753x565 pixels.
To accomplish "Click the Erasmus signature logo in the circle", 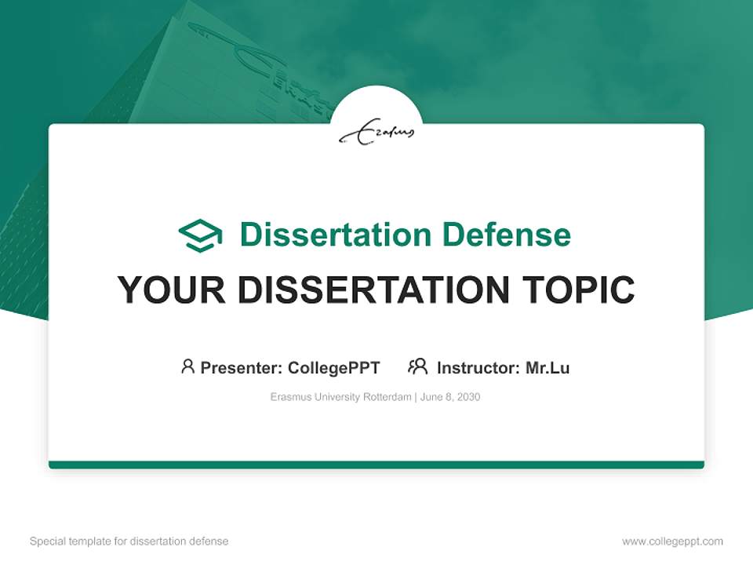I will [x=376, y=134].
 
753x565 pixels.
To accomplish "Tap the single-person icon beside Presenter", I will [x=187, y=366].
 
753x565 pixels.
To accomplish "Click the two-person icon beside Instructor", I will [x=418, y=366].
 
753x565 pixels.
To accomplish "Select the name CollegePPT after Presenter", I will [x=333, y=367].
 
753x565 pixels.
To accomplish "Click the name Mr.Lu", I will [x=547, y=367].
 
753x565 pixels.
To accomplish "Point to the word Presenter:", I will [x=242, y=367].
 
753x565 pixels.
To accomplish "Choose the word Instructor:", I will [x=478, y=367].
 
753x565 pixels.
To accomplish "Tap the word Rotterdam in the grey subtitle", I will [x=387, y=397].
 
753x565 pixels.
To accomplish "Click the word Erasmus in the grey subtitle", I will [x=288, y=397].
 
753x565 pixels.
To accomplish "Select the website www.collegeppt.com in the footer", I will [x=672, y=541].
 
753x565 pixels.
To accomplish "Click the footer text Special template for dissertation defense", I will [x=129, y=541].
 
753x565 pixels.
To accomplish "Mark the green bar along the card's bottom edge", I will [x=376, y=465].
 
